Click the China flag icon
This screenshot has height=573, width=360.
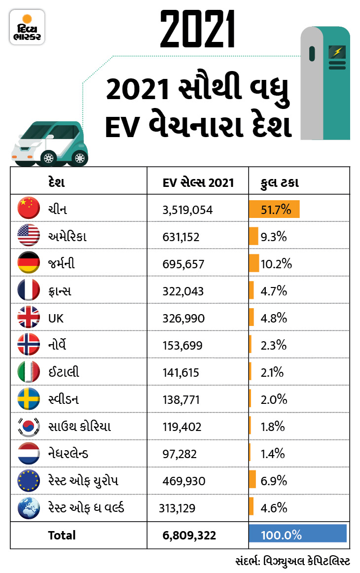tap(29, 209)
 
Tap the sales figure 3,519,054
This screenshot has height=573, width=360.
tap(187, 210)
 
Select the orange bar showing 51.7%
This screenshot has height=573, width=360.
tap(274, 209)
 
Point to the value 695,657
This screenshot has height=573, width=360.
tap(183, 264)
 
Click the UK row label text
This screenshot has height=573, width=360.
tap(56, 319)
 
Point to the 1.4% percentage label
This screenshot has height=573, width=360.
tap(273, 454)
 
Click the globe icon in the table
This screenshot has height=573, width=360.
tap(29, 508)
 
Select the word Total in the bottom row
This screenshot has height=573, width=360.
tap(62, 535)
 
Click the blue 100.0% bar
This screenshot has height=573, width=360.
tap(298, 534)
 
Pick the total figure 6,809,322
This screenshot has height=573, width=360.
tap(189, 535)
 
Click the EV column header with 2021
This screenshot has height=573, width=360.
tap(198, 183)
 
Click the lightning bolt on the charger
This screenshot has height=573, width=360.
tap(338, 51)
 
